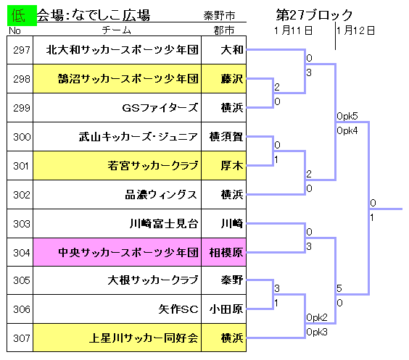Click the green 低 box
point(22,15)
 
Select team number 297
point(22,50)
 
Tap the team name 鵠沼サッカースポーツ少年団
point(128,79)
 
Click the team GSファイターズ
point(160,108)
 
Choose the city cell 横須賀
point(226,136)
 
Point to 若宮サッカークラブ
point(153,165)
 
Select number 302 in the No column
point(22,195)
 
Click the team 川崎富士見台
point(164,224)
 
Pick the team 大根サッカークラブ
point(153,280)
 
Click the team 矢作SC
point(178,309)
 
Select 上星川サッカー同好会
point(144,338)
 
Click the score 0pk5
point(347,116)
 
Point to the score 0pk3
point(317,332)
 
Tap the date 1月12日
point(355,30)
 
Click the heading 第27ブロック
point(314,14)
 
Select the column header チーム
point(116,30)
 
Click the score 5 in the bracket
point(339,288)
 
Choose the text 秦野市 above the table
point(219,16)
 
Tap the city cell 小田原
point(226,309)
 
